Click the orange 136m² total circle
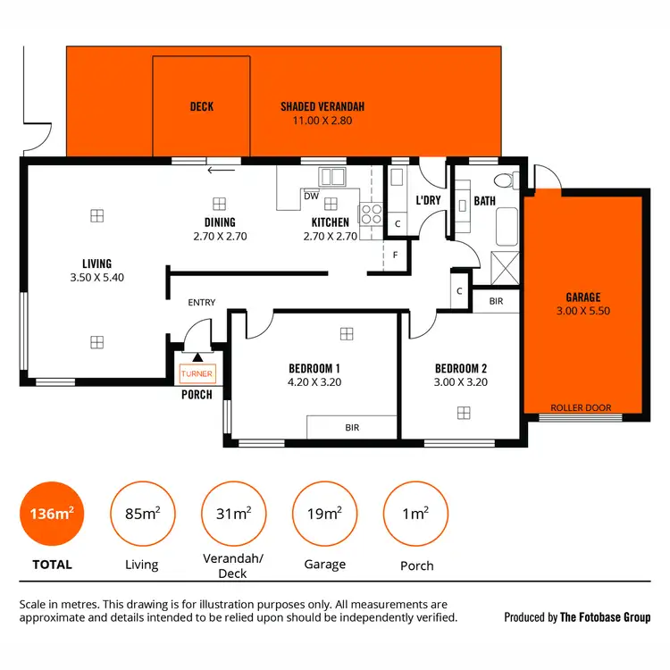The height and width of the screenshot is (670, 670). pyautogui.click(x=50, y=514)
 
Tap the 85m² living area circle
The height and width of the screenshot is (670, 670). pyautogui.click(x=141, y=514)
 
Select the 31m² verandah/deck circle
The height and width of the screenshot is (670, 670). pyautogui.click(x=233, y=514)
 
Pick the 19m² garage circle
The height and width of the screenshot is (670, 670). pyautogui.click(x=323, y=514)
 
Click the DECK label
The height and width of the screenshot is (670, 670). pyautogui.click(x=202, y=107)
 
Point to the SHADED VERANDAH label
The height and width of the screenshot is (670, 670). pyautogui.click(x=322, y=107)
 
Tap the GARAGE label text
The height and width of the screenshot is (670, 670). pyautogui.click(x=582, y=297)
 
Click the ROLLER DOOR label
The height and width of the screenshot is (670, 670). pyautogui.click(x=581, y=408)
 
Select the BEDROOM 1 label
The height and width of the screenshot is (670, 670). pyautogui.click(x=314, y=368)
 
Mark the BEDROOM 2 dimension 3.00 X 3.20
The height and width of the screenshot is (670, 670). pyautogui.click(x=461, y=382)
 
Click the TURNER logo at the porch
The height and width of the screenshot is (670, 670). pyautogui.click(x=197, y=374)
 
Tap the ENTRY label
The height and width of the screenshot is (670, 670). pyautogui.click(x=202, y=303)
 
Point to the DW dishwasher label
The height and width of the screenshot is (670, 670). pyautogui.click(x=311, y=196)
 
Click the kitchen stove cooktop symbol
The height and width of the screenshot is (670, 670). pyautogui.click(x=369, y=214)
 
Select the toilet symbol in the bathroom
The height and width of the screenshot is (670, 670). pyautogui.click(x=506, y=181)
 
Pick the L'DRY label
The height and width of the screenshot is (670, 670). pyautogui.click(x=429, y=201)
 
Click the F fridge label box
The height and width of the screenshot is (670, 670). pyautogui.click(x=396, y=255)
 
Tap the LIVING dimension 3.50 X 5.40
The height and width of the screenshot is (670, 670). pyautogui.click(x=96, y=278)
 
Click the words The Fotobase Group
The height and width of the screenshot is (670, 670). pyautogui.click(x=605, y=617)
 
